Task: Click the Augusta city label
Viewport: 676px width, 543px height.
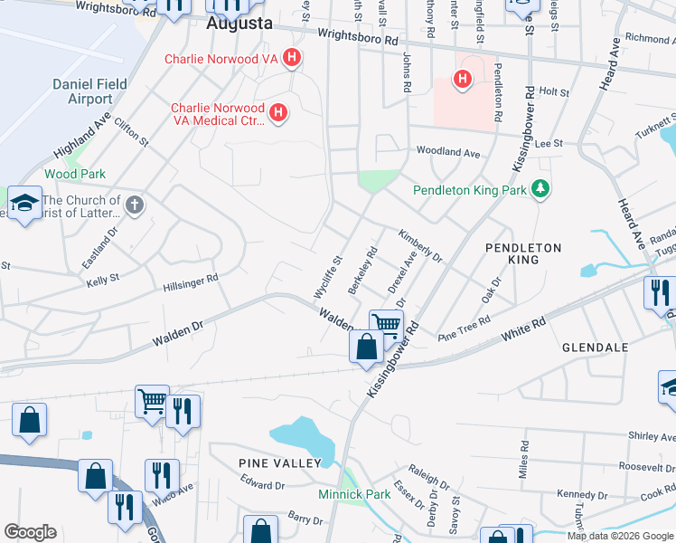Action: [239, 24]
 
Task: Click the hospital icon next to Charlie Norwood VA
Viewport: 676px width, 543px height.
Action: [291, 60]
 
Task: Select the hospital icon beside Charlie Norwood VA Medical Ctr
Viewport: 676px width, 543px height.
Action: [279, 113]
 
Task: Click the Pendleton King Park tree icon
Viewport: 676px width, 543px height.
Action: [540, 189]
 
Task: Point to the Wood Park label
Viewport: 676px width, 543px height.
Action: [75, 174]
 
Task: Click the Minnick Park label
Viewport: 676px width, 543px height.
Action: [354, 495]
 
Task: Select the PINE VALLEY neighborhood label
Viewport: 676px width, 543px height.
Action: [279, 463]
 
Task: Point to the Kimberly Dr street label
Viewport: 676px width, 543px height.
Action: [420, 245]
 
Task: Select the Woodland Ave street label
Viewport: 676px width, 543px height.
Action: [447, 153]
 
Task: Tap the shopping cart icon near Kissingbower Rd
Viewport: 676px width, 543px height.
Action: [386, 323]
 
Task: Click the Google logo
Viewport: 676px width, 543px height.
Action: [30, 532]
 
